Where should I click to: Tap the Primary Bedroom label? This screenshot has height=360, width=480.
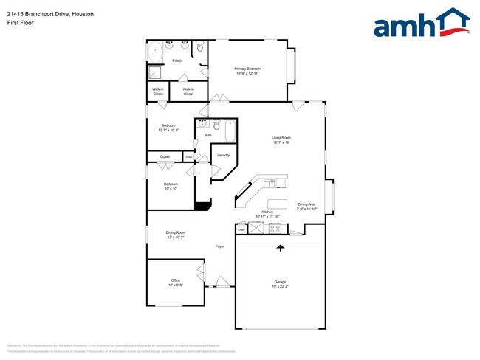point(248,71)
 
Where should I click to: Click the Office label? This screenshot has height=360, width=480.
point(176,283)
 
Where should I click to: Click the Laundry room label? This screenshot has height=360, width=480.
point(223,156)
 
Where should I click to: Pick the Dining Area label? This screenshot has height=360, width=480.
point(306,207)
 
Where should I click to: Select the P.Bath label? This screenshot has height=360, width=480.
point(177,60)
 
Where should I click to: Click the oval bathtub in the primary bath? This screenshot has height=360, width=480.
point(155,52)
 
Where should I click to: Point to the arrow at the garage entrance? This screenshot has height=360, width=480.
point(280,248)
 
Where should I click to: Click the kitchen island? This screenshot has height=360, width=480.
point(277,204)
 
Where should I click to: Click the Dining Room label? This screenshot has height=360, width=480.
point(176,235)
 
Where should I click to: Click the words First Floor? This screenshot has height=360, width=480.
point(21,22)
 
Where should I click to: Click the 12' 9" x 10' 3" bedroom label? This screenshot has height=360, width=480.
point(171,128)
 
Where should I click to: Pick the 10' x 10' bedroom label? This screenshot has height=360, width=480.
point(171,186)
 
